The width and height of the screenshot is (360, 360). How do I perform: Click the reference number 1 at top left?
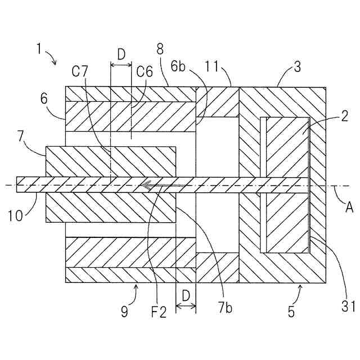[x=39, y=49]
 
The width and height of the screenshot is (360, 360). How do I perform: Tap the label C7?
[x=81, y=73]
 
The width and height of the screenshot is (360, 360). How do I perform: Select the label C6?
[x=145, y=72]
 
